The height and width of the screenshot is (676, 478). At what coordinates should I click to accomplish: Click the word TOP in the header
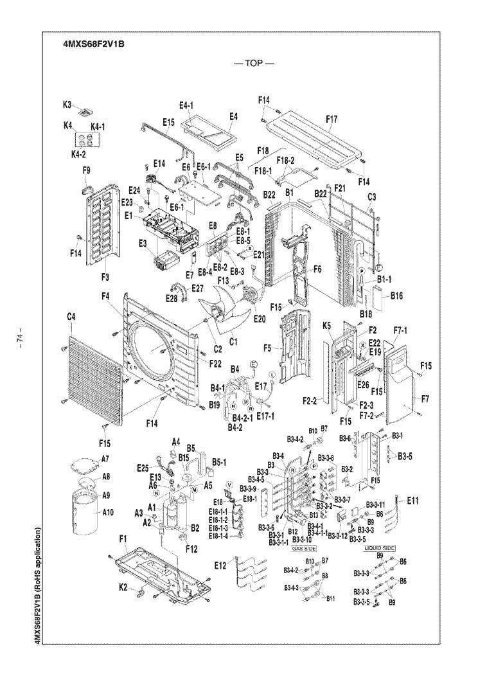click(254, 66)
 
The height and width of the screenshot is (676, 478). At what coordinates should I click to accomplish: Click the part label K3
click(67, 102)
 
